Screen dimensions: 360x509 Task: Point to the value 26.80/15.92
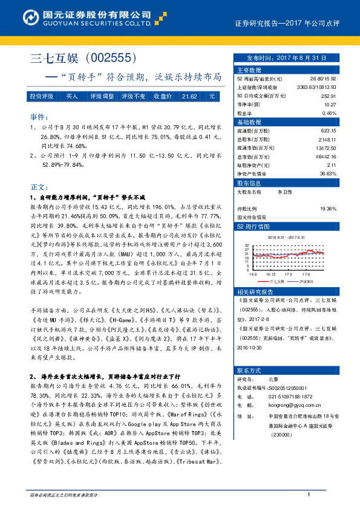(x=323, y=79)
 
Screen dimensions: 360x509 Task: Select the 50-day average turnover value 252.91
(x=329, y=96)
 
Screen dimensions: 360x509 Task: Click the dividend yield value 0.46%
(x=329, y=113)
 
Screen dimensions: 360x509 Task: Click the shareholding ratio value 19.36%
(x=328, y=208)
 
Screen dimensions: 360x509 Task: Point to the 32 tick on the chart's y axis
(x=246, y=246)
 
